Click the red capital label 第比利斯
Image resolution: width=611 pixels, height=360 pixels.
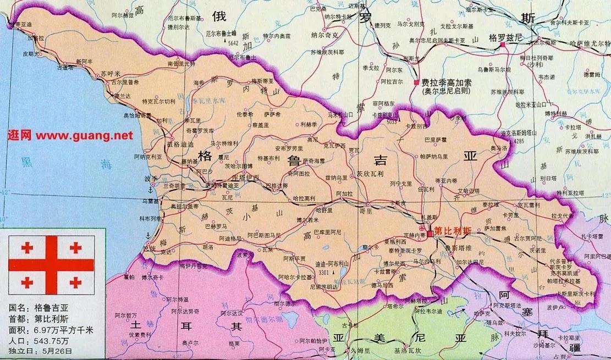[453, 231]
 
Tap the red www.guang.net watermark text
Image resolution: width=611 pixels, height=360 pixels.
[70, 135]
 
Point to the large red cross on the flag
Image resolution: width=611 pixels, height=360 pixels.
[51, 265]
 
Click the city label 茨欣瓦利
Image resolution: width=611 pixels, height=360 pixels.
[367, 171]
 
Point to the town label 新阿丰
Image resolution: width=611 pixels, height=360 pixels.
[84, 61]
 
